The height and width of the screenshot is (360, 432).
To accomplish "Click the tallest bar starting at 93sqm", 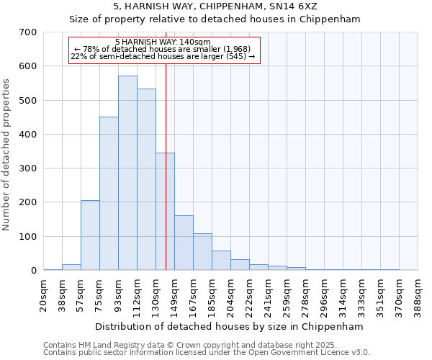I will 127,173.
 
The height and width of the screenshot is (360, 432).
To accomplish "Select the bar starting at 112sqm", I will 146,179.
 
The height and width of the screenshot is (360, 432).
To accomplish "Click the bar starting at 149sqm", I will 184,243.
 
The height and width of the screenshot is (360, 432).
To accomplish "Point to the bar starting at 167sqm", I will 202,252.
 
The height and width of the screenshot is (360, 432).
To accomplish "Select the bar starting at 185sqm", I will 221,261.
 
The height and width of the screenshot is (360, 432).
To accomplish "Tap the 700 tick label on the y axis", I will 28,32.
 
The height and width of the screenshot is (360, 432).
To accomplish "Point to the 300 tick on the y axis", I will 28,168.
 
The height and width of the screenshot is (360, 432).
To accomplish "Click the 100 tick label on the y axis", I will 28,237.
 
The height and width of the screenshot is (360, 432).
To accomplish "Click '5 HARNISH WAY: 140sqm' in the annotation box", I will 163,42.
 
